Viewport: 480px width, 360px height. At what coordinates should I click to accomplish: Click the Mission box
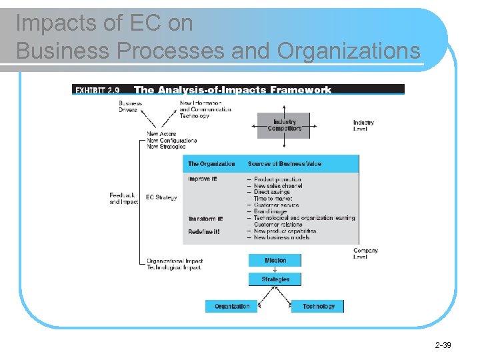point(275,260)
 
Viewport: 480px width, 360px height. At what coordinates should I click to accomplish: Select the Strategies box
point(275,279)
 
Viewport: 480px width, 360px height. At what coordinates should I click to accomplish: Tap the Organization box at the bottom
point(232,307)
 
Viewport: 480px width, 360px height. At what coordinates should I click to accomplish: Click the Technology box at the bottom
point(318,307)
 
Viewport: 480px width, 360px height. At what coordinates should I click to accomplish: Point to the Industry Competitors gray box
point(284,125)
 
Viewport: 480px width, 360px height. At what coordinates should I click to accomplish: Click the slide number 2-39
point(443,345)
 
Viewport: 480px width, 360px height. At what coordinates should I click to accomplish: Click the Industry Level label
point(363,125)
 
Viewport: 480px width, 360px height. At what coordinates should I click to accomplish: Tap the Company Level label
point(365,253)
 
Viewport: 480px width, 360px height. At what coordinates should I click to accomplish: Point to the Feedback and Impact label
point(124,199)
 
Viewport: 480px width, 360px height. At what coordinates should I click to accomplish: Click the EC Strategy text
point(161,197)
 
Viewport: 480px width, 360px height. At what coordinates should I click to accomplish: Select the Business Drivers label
point(131,107)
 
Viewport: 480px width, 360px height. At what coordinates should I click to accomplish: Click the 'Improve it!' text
point(202,179)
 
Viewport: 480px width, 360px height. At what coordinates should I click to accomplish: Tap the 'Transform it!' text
point(205,219)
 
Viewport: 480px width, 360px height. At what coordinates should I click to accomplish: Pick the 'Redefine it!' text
point(203,231)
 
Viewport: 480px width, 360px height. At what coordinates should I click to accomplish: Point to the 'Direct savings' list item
point(274,192)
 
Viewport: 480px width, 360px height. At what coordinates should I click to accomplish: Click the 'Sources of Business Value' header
point(284,163)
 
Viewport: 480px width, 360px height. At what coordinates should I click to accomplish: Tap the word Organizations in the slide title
point(349,51)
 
